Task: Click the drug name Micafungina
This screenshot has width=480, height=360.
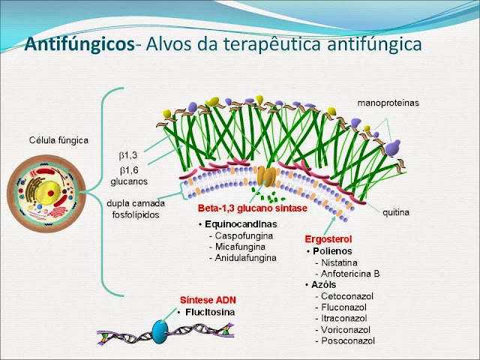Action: (239, 247)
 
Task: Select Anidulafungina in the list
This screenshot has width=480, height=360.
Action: (244, 258)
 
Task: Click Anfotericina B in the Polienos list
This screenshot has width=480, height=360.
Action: (349, 274)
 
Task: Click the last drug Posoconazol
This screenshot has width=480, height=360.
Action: (346, 340)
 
